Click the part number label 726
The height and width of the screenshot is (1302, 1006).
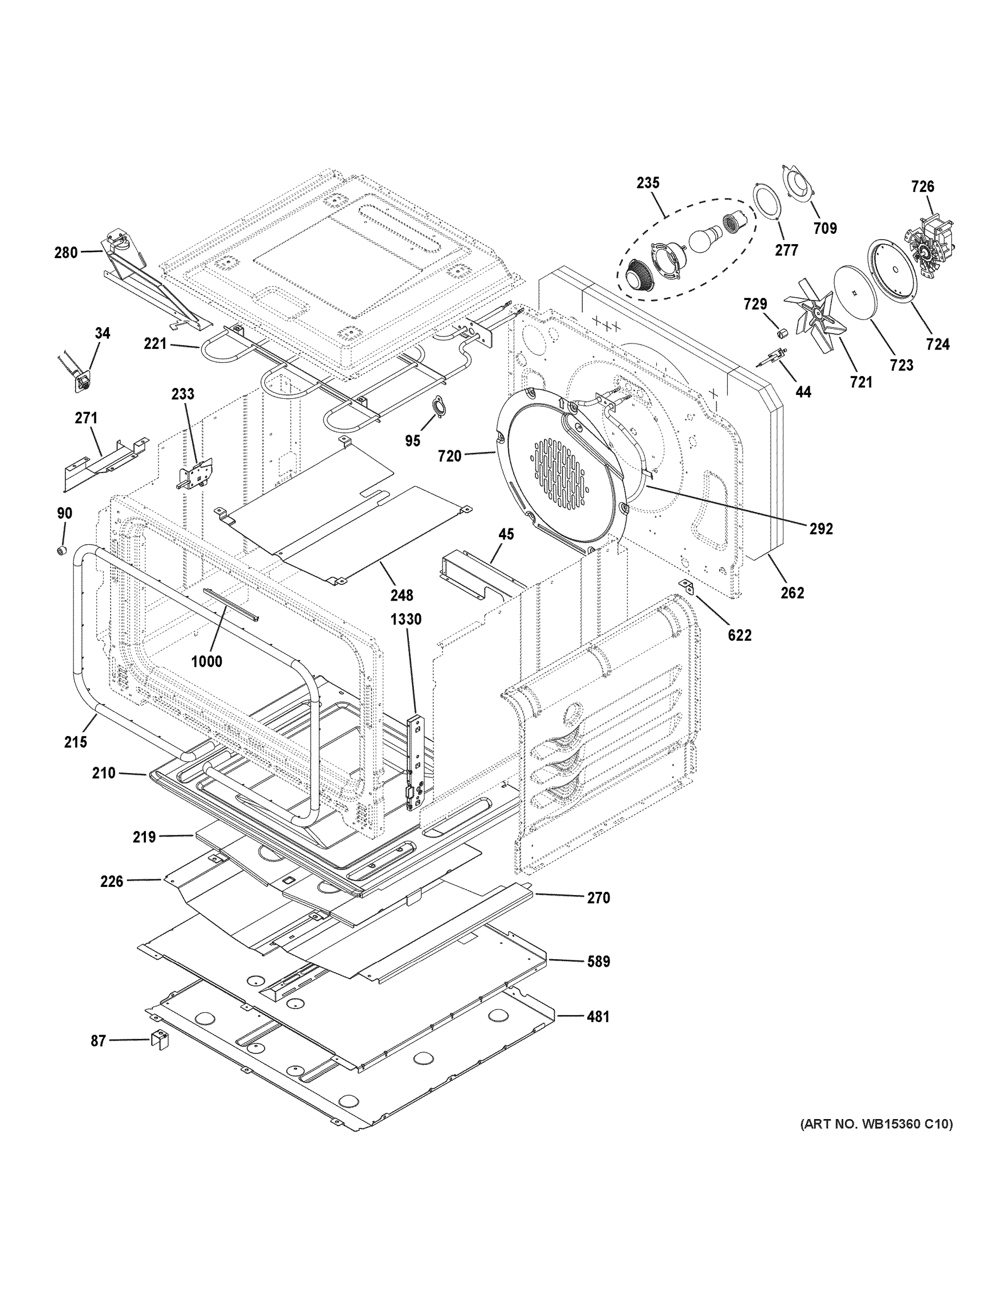point(922,187)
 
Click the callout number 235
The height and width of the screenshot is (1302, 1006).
point(648,183)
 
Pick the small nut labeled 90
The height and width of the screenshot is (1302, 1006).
point(61,550)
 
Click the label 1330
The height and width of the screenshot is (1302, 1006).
point(406,620)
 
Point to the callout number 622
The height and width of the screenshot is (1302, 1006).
point(739,635)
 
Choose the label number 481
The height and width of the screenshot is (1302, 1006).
point(598,1017)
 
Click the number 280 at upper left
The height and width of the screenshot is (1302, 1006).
point(66,253)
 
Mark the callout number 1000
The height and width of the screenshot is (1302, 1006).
point(207,661)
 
